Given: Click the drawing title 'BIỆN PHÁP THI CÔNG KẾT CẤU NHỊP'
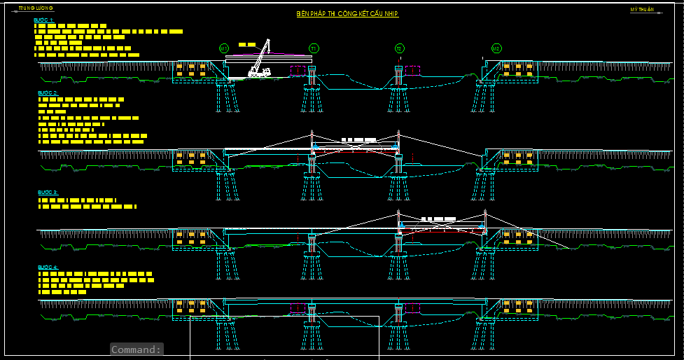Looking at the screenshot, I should coord(347,14).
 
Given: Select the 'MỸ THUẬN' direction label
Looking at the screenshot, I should coord(642,10).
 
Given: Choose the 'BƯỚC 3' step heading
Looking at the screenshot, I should coord(48,192).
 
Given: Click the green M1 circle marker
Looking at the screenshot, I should coord(224,48).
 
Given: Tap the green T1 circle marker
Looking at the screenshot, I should coord(314,48).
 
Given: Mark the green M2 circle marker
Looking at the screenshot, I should coord(496,48).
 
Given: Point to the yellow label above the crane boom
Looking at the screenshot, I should coord(246,44).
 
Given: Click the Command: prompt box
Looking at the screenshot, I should coord(137,349).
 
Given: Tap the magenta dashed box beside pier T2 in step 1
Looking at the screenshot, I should coord(412,71).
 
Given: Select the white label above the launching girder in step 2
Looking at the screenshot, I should coord(358,140).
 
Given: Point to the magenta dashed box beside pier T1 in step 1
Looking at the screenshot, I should coord(299,71).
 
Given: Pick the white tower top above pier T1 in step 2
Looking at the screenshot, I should coord(312,133).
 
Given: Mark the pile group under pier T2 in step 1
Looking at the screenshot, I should coord(399,99).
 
